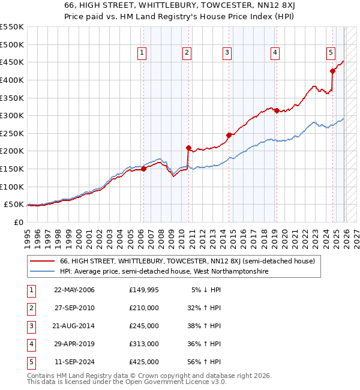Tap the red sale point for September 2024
click(x=332, y=71)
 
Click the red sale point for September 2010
click(x=188, y=148)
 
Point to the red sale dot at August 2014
click(x=229, y=135)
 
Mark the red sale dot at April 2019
click(x=277, y=110)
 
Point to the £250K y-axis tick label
click(x=12, y=133)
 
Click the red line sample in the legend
click(x=43, y=261)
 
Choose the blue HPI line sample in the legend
click(x=43, y=271)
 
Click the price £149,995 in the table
click(x=144, y=290)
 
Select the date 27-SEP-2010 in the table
click(x=74, y=308)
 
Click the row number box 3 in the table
click(x=30, y=326)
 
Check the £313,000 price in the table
click(x=144, y=344)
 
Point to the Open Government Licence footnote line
click(x=118, y=382)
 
